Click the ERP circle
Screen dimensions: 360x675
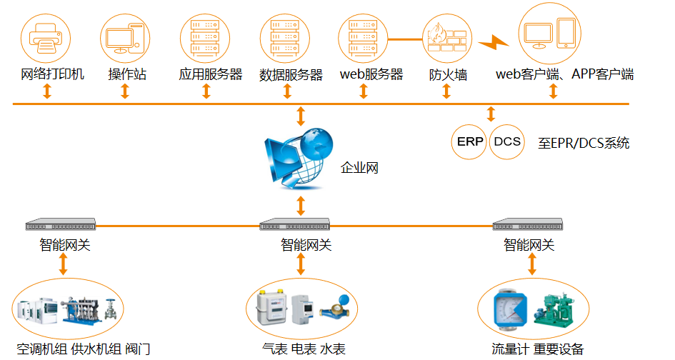(x=470, y=141)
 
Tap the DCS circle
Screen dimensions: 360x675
(x=507, y=141)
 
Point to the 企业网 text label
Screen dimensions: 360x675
(x=359, y=169)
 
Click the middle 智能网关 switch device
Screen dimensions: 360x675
(x=299, y=226)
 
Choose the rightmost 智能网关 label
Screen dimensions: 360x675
(x=529, y=245)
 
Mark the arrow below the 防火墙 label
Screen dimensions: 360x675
(x=448, y=91)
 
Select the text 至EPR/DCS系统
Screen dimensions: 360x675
(x=584, y=143)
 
